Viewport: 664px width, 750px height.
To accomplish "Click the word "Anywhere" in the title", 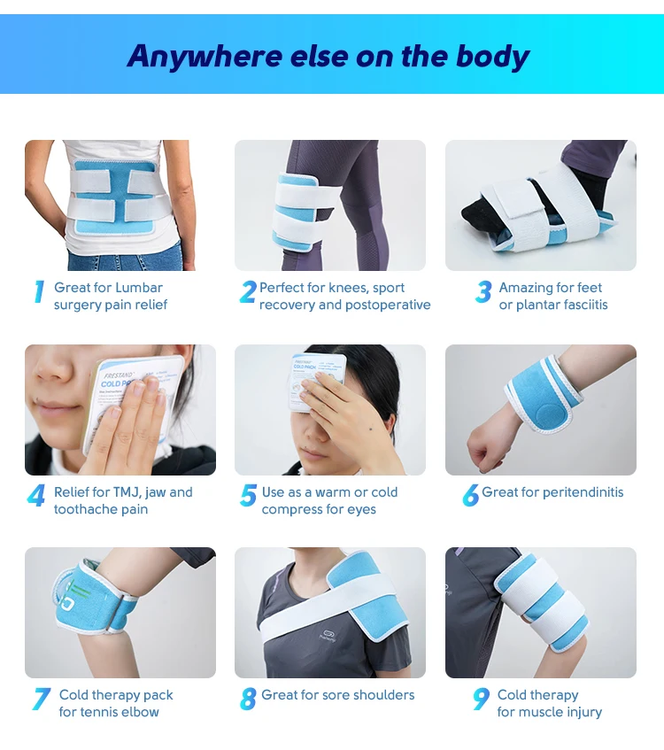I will pos(204,56).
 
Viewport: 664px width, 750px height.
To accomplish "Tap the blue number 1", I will pos(39,292).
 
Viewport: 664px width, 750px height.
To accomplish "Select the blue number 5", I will pos(248,496).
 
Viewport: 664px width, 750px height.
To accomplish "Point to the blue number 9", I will pos(481,700).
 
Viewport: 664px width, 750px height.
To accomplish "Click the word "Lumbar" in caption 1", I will pos(138,288).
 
